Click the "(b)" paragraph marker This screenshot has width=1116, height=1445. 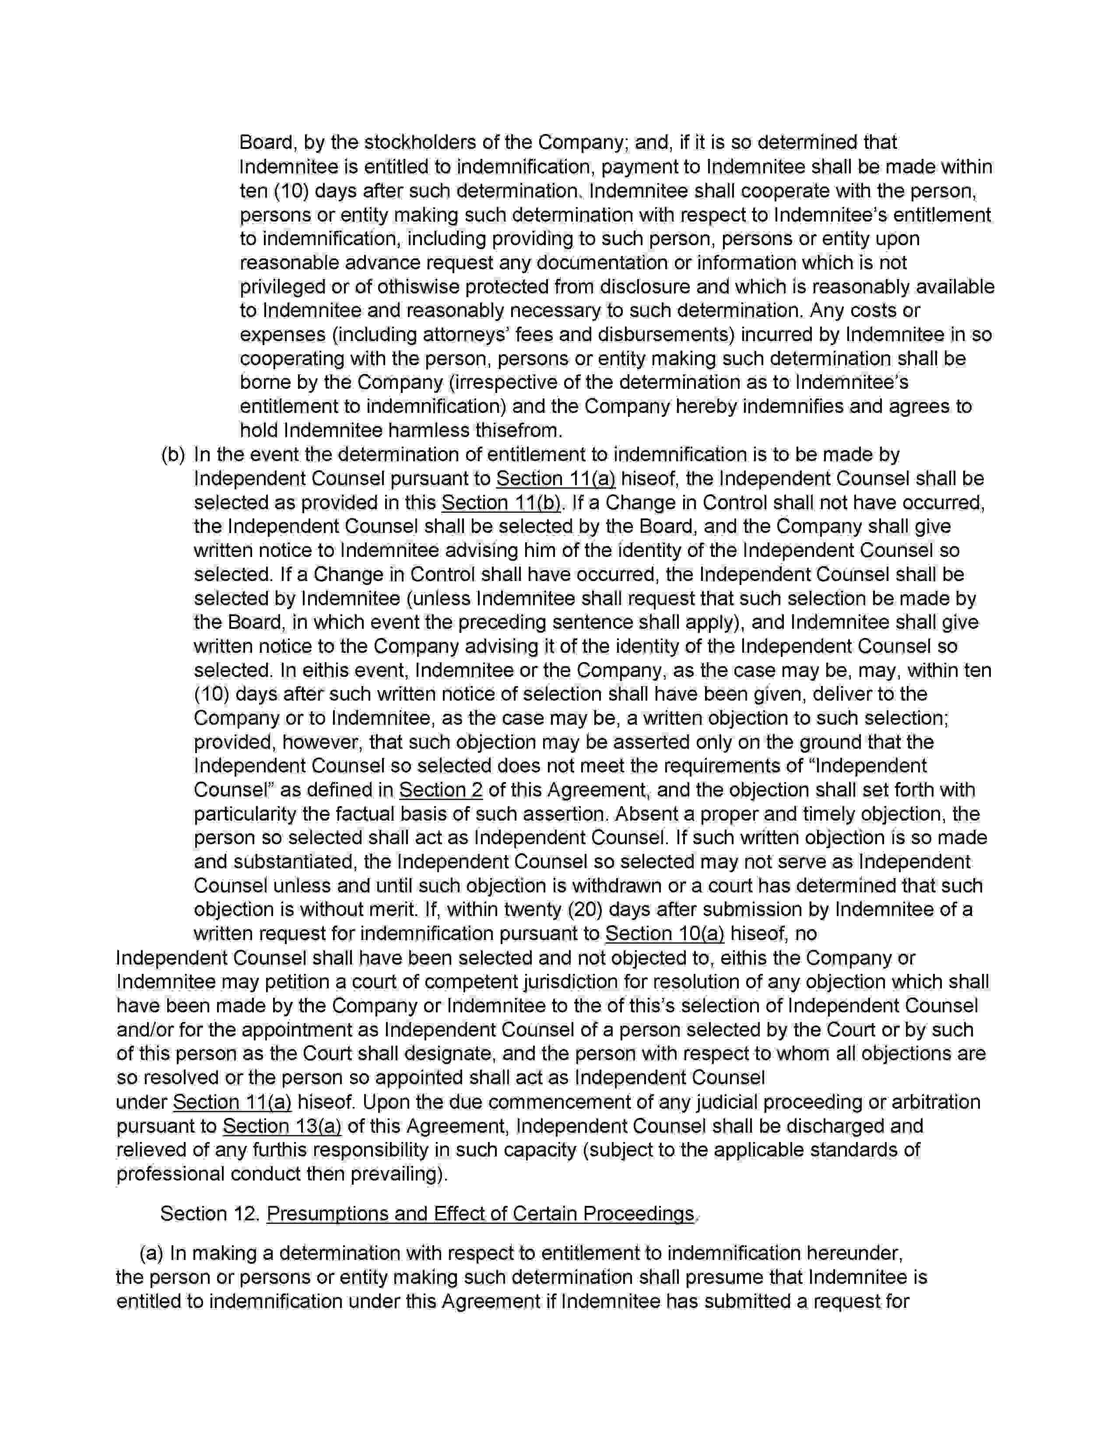[x=173, y=455]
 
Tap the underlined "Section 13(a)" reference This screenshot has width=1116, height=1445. [x=282, y=1126]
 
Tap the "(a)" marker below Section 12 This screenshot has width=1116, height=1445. [x=151, y=1254]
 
